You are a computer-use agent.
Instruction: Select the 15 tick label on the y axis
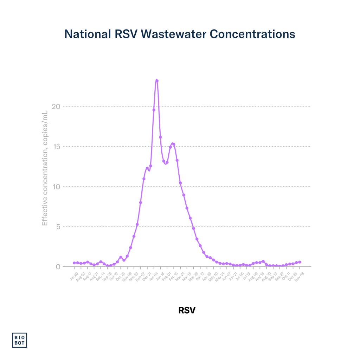57,147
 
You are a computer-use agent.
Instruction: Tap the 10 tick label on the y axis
57,186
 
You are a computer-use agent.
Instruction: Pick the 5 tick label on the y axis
58,226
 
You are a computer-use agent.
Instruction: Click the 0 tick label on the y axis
58,266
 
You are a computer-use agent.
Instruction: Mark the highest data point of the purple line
157,81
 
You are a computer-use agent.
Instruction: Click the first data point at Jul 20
74,263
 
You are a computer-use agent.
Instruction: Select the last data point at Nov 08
300,262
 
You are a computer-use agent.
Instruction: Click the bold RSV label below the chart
187,310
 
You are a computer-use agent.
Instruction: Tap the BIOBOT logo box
20,340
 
